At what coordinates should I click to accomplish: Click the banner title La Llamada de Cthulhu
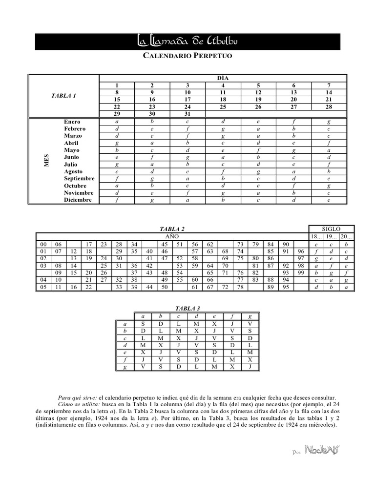click(187, 42)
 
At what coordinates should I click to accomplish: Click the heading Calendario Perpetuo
click(187, 56)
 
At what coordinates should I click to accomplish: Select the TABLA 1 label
click(64, 96)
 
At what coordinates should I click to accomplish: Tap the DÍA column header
click(223, 78)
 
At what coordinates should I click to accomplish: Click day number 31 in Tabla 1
click(187, 114)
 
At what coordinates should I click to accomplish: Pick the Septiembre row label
click(79, 179)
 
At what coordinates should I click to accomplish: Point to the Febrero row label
click(75, 128)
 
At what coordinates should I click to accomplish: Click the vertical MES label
click(47, 161)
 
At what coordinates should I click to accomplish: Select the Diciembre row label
click(77, 200)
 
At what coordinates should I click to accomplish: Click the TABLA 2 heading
click(172, 229)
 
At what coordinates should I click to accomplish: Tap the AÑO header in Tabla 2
click(172, 236)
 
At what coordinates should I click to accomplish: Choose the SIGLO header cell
click(332, 229)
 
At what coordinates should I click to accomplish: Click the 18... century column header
click(317, 236)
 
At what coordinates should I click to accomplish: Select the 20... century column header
click(346, 236)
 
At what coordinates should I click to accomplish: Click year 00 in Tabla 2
click(43, 244)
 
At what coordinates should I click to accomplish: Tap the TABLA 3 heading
click(187, 309)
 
